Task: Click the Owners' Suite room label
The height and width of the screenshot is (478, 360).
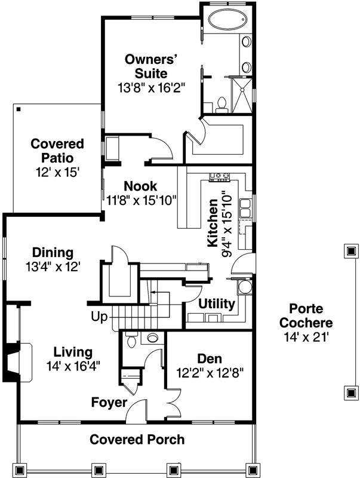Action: [152, 66]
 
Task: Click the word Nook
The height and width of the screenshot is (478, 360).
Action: [141, 186]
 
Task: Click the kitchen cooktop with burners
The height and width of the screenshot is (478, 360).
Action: [220, 176]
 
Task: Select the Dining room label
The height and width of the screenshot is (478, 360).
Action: [53, 252]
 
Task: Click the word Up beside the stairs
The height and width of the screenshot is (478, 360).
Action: [99, 316]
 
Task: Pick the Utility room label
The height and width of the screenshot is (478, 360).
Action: [216, 304]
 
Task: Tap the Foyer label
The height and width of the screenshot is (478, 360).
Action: [109, 402]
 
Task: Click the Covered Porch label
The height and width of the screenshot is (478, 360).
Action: [137, 440]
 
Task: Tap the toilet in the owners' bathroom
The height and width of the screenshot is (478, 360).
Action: [221, 103]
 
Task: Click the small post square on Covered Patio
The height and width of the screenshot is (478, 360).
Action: [19, 109]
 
